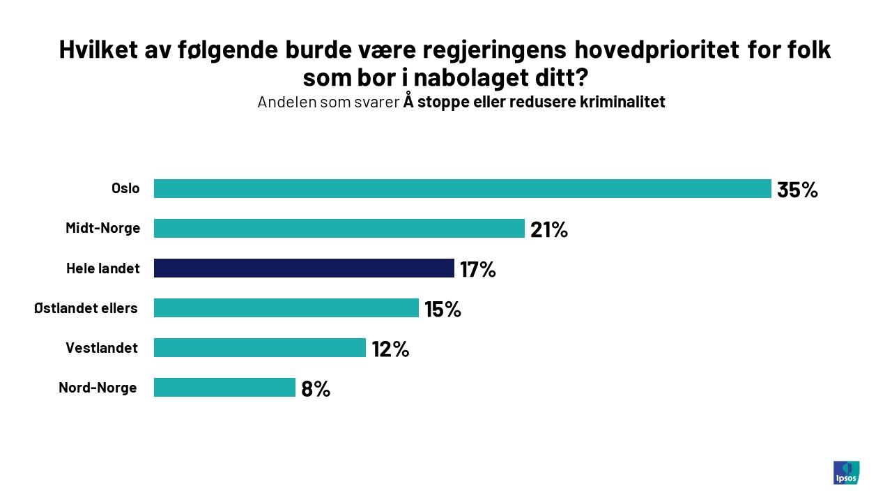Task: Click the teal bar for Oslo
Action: [462, 189]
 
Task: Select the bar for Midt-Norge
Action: [339, 229]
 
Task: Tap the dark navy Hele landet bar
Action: [304, 268]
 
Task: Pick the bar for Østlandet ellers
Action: [286, 308]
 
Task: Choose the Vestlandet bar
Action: [259, 348]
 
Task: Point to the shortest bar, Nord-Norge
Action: [224, 388]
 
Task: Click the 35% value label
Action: [797, 190]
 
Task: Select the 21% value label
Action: [549, 229]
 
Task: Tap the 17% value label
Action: [478, 269]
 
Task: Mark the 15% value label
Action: [443, 309]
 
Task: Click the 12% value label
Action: [390, 349]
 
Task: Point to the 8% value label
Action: [316, 388]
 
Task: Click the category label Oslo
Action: [125, 188]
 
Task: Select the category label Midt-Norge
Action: [102, 228]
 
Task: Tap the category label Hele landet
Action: [103, 268]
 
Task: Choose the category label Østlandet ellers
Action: [86, 307]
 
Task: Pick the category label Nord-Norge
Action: [98, 387]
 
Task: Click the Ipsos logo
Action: [846, 472]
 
